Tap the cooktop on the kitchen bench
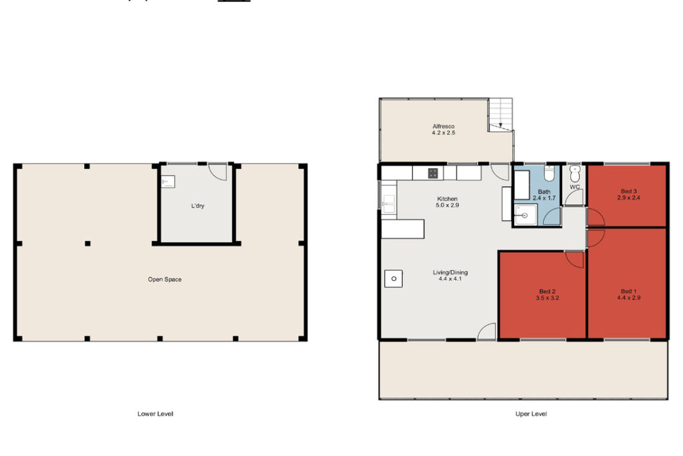[432, 173]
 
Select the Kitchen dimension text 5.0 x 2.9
[448, 206]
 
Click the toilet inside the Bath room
[548, 174]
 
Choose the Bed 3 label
[628, 192]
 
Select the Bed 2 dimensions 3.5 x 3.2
[547, 299]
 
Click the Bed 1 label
[628, 291]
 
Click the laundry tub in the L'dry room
[167, 180]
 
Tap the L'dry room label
[197, 206]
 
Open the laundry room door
[218, 172]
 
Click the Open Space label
[165, 279]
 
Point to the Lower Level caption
[155, 414]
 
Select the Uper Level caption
[531, 414]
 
